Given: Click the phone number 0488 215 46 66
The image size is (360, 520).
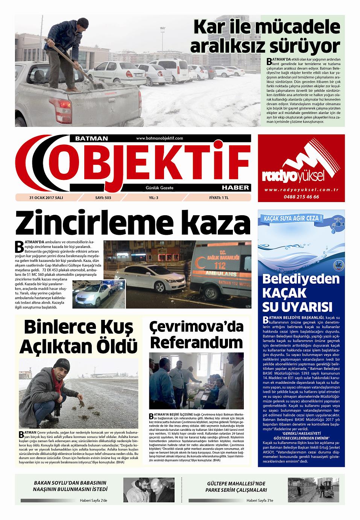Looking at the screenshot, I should [x=302, y=197].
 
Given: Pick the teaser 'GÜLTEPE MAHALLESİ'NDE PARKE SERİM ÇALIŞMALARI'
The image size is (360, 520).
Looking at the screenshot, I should [x=237, y=487].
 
